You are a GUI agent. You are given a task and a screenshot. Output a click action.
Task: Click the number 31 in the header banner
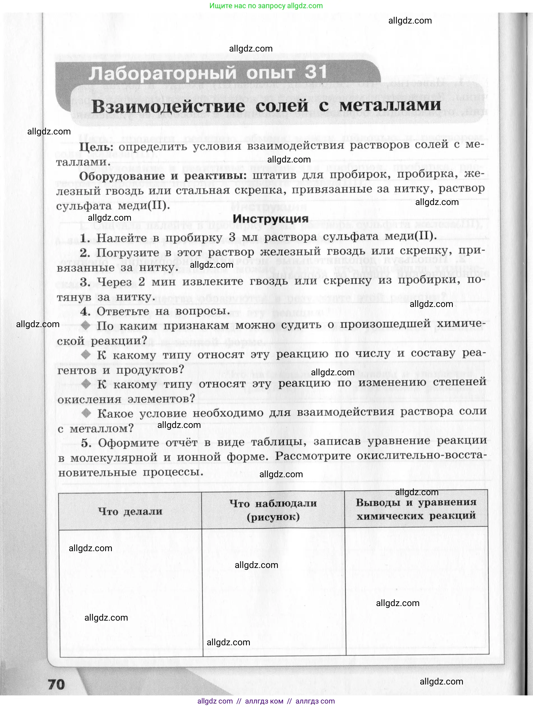point(316,72)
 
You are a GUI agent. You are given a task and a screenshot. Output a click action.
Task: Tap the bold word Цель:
point(96,147)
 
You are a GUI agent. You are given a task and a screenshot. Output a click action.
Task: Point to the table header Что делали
point(130,511)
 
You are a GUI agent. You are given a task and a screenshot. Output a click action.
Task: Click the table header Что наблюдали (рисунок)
point(273,510)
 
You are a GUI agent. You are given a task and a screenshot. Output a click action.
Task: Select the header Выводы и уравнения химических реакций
point(416,509)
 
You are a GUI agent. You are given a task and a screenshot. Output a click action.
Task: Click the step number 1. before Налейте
point(85,238)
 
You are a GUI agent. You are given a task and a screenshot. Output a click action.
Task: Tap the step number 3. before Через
point(85,282)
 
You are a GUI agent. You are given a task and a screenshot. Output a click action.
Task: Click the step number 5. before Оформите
point(86,443)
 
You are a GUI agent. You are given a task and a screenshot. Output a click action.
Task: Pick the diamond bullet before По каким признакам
point(86,325)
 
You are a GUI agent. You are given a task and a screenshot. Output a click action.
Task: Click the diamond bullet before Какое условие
point(86,413)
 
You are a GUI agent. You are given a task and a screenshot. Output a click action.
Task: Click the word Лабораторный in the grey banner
point(162,74)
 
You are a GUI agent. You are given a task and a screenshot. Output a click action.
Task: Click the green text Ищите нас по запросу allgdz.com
point(266,6)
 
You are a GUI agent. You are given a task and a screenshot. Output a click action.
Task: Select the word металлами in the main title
point(390,105)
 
